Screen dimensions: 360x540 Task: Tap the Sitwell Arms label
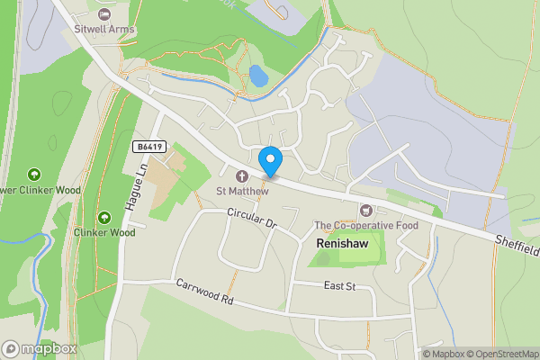pyautogui.click(x=105, y=28)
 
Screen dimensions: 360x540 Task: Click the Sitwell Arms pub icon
pyautogui.click(x=105, y=13)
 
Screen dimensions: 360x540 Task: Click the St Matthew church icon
pyautogui.click(x=242, y=175)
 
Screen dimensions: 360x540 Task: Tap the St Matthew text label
pyautogui.click(x=242, y=191)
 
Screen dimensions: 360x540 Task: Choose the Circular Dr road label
pyautogui.click(x=251, y=219)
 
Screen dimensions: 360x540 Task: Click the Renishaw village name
pyautogui.click(x=345, y=244)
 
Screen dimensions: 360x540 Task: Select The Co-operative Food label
pyautogui.click(x=366, y=225)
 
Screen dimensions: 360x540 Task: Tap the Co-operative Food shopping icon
pyautogui.click(x=366, y=210)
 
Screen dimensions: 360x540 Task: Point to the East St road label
pyautogui.click(x=340, y=285)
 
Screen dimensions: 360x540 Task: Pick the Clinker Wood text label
pyautogui.click(x=104, y=232)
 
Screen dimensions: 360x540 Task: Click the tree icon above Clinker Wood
pyautogui.click(x=104, y=217)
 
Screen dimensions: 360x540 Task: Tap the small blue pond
pyautogui.click(x=258, y=76)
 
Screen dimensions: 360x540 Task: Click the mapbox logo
pyautogui.click(x=39, y=348)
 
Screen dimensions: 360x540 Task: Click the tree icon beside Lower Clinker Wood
pyautogui.click(x=35, y=174)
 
